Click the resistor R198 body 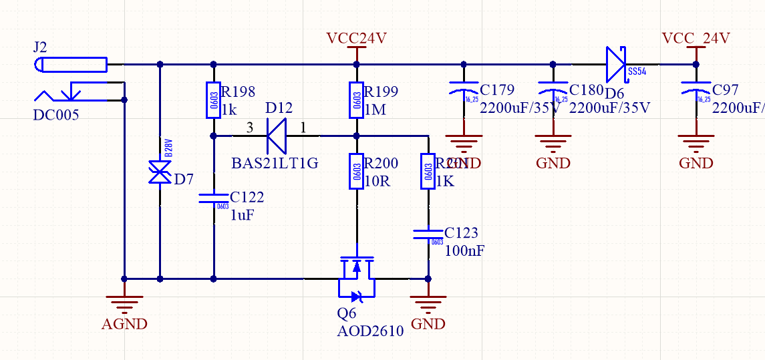[x=213, y=99]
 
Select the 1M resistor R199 [x=356, y=100]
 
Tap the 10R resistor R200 [x=356, y=172]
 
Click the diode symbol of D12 [x=277, y=136]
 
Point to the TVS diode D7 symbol [x=160, y=173]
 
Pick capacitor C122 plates [x=213, y=198]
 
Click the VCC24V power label [x=356, y=38]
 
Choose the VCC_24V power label [x=696, y=38]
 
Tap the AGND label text [x=124, y=325]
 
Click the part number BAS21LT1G [x=275, y=164]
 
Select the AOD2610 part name [x=371, y=331]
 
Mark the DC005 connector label [x=56, y=115]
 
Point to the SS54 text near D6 [x=636, y=71]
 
